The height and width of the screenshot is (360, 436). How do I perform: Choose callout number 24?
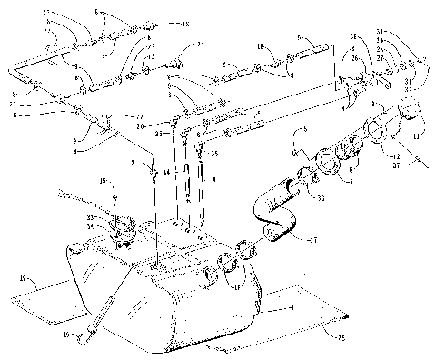tap(201, 43)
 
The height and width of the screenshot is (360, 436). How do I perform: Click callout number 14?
tap(166, 171)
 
